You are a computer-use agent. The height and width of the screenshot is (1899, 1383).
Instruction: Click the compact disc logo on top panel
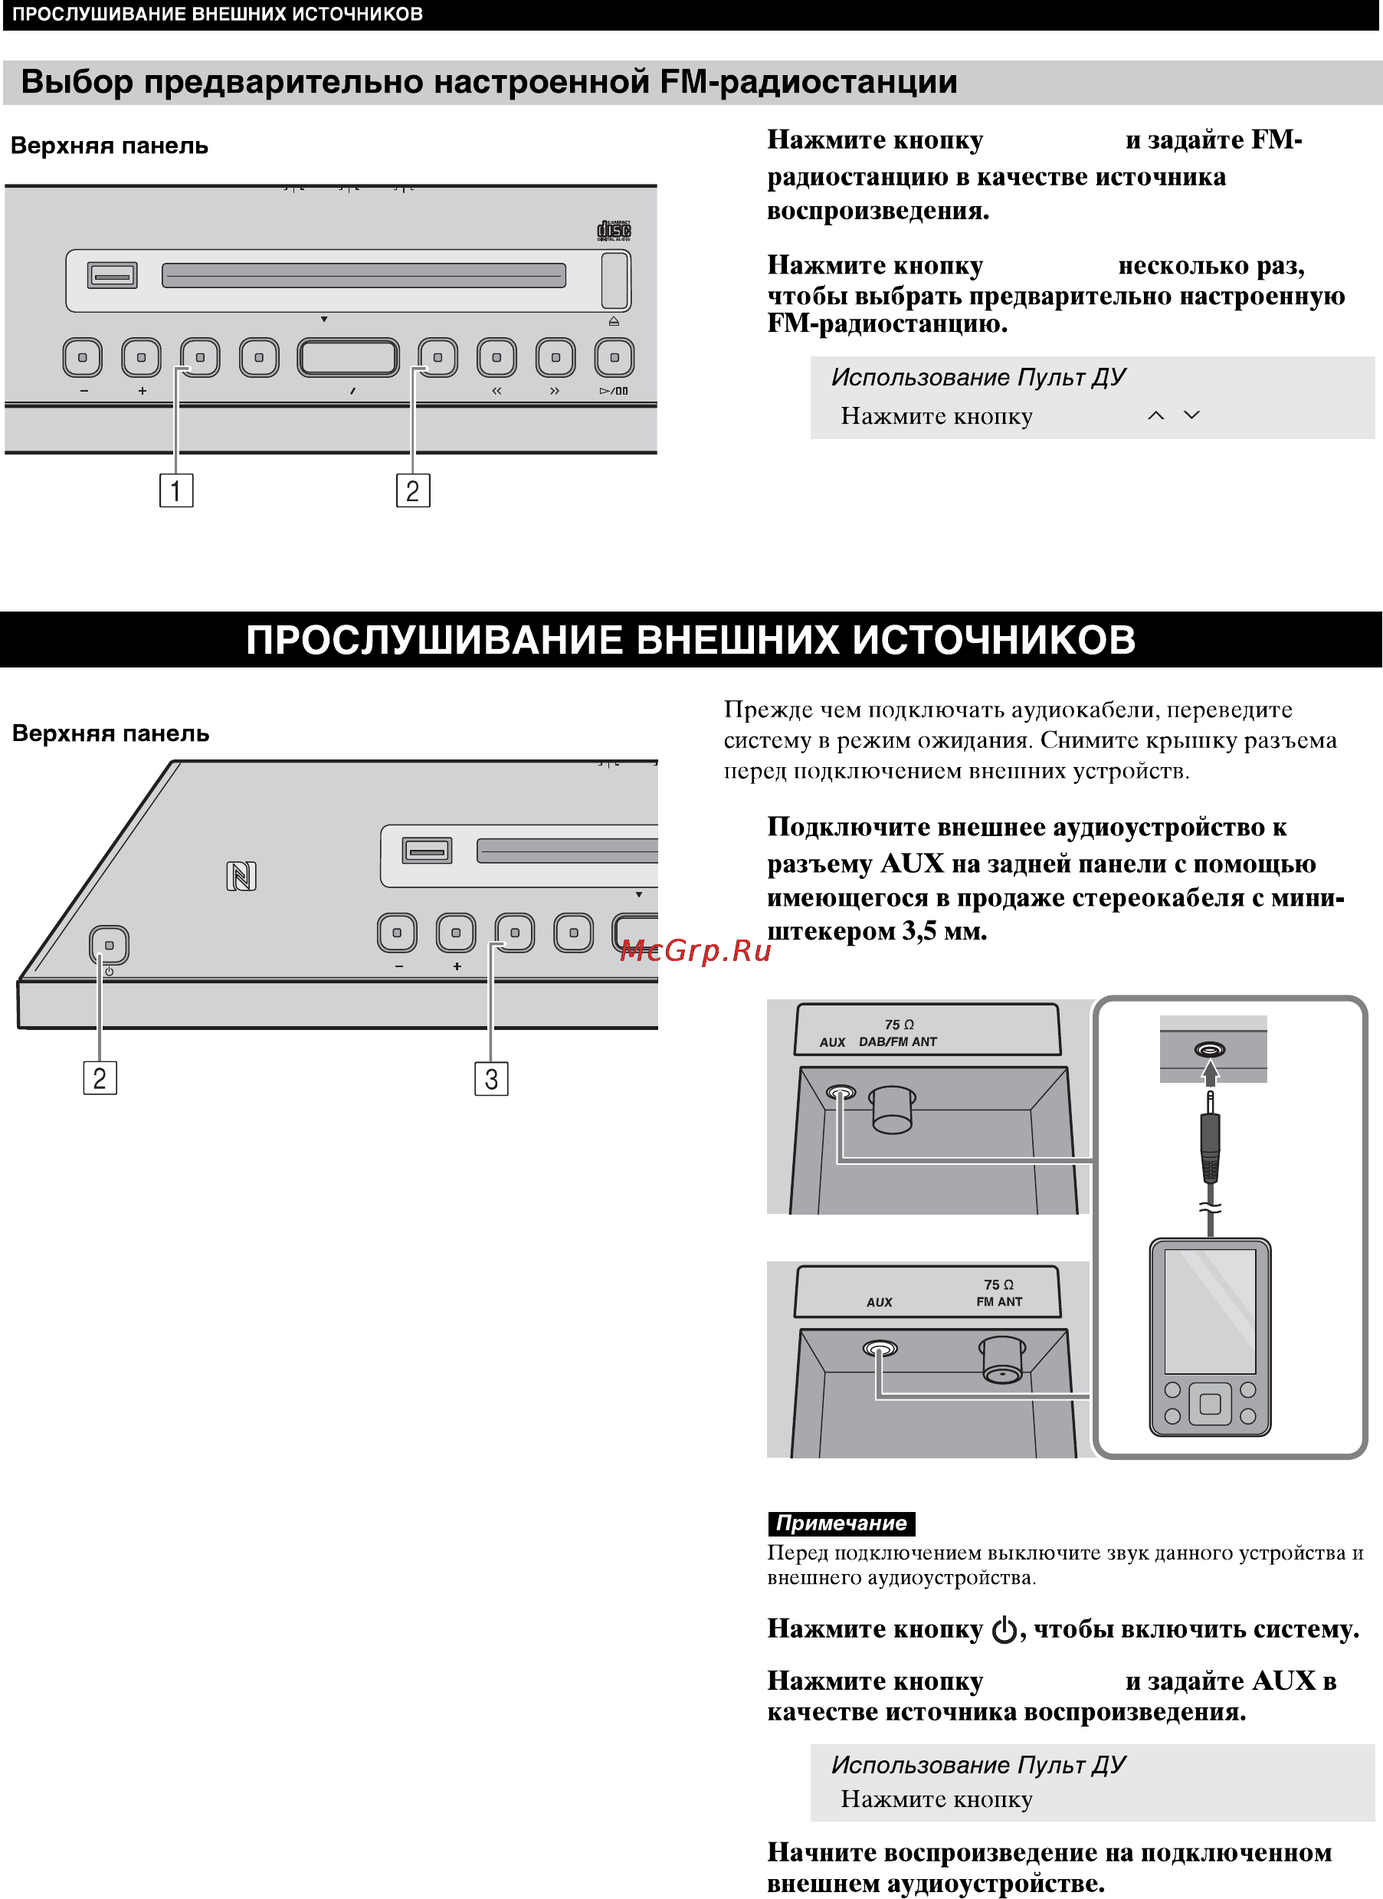pyautogui.click(x=614, y=230)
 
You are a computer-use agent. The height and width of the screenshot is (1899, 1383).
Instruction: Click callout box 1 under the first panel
pyautogui.click(x=175, y=490)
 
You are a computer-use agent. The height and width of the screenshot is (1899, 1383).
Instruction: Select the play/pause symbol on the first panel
pyautogui.click(x=614, y=391)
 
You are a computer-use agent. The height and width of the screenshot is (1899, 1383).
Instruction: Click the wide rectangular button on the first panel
pyautogui.click(x=349, y=358)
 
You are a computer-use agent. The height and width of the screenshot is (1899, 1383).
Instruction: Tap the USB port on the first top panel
pyautogui.click(x=112, y=275)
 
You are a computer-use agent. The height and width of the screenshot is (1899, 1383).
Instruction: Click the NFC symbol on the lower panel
pyautogui.click(x=241, y=877)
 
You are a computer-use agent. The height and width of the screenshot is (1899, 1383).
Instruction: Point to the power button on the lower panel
pyautogui.click(x=109, y=946)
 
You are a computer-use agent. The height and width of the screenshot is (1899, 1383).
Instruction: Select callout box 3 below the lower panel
pyautogui.click(x=490, y=1078)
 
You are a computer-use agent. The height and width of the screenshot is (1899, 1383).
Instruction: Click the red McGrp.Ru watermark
pyautogui.click(x=695, y=950)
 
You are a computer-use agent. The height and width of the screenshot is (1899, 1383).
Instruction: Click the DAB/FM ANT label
pyautogui.click(x=897, y=1041)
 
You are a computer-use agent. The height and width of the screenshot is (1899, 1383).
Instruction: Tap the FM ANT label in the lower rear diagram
pyautogui.click(x=998, y=1301)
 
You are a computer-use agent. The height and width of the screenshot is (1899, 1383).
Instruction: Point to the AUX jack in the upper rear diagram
pyautogui.click(x=841, y=1092)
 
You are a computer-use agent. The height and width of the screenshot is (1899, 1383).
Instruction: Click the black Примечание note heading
pyautogui.click(x=841, y=1523)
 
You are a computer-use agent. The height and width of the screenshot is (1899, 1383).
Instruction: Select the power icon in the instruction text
pyautogui.click(x=1004, y=1630)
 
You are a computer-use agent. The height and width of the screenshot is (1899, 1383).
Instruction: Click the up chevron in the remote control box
pyautogui.click(x=1156, y=415)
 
